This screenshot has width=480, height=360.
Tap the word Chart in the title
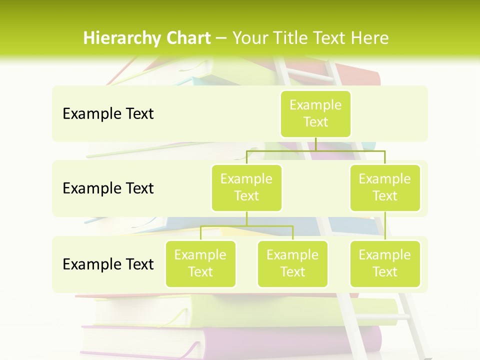click(186, 38)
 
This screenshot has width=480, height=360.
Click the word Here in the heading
click(370, 38)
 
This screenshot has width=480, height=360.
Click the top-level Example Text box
click(315, 113)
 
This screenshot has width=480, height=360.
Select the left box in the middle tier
click(246, 187)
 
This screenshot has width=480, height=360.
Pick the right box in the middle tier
click(385, 187)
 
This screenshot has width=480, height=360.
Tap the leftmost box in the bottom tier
click(200, 263)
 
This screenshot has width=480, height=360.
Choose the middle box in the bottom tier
click(292, 263)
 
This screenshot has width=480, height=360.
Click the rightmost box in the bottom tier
click(385, 263)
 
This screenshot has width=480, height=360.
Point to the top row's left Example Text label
click(108, 114)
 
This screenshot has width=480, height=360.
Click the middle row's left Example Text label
click(108, 188)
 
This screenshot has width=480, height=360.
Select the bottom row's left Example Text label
click(108, 264)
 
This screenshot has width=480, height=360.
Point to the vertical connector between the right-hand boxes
click(385, 226)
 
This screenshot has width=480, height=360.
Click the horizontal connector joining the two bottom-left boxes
click(246, 226)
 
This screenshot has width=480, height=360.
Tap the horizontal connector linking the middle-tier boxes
click(315, 150)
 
